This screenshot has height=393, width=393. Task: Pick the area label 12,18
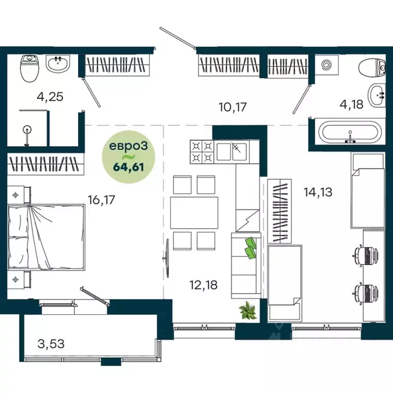[x=204, y=285]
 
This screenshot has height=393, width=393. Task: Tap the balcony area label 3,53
[x=51, y=343]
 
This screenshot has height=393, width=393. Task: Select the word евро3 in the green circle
[x=129, y=146]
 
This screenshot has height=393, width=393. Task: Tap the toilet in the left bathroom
[x=28, y=69]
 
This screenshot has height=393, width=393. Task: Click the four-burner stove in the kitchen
[x=202, y=151]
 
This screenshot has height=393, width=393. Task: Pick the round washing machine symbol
[x=326, y=66]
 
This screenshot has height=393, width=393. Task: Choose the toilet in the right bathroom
[x=372, y=68]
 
